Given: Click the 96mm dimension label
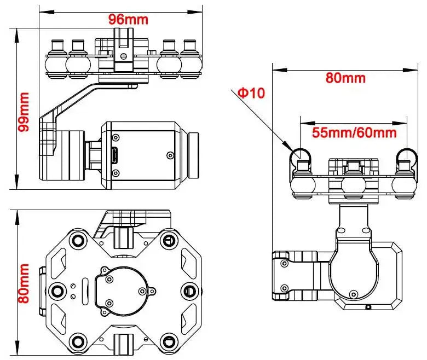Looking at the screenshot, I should click(x=128, y=20).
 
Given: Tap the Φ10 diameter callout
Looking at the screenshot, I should click(x=251, y=93).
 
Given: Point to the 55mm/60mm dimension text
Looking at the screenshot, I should click(x=354, y=132).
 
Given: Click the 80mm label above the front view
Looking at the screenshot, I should click(x=345, y=77).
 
